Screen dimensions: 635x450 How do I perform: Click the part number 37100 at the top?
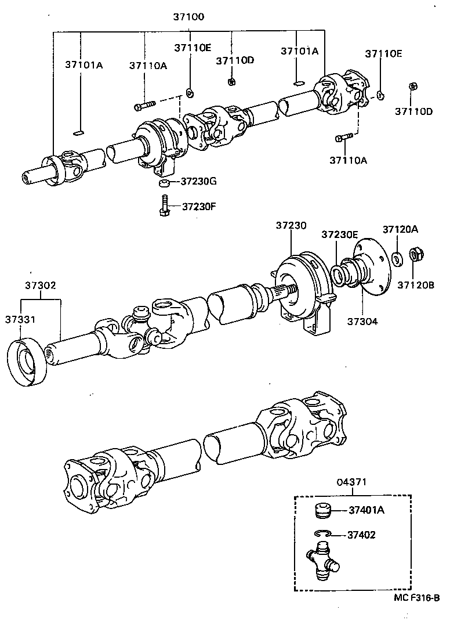(188, 17)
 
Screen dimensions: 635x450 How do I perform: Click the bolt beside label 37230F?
(164, 206)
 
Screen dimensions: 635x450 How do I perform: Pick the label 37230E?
(340, 234)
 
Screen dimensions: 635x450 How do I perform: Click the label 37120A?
(400, 229)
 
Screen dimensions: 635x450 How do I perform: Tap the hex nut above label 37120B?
(416, 255)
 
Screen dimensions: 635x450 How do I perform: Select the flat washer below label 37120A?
(397, 257)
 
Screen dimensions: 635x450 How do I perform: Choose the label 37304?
(362, 320)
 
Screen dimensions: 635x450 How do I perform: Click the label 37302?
(40, 285)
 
